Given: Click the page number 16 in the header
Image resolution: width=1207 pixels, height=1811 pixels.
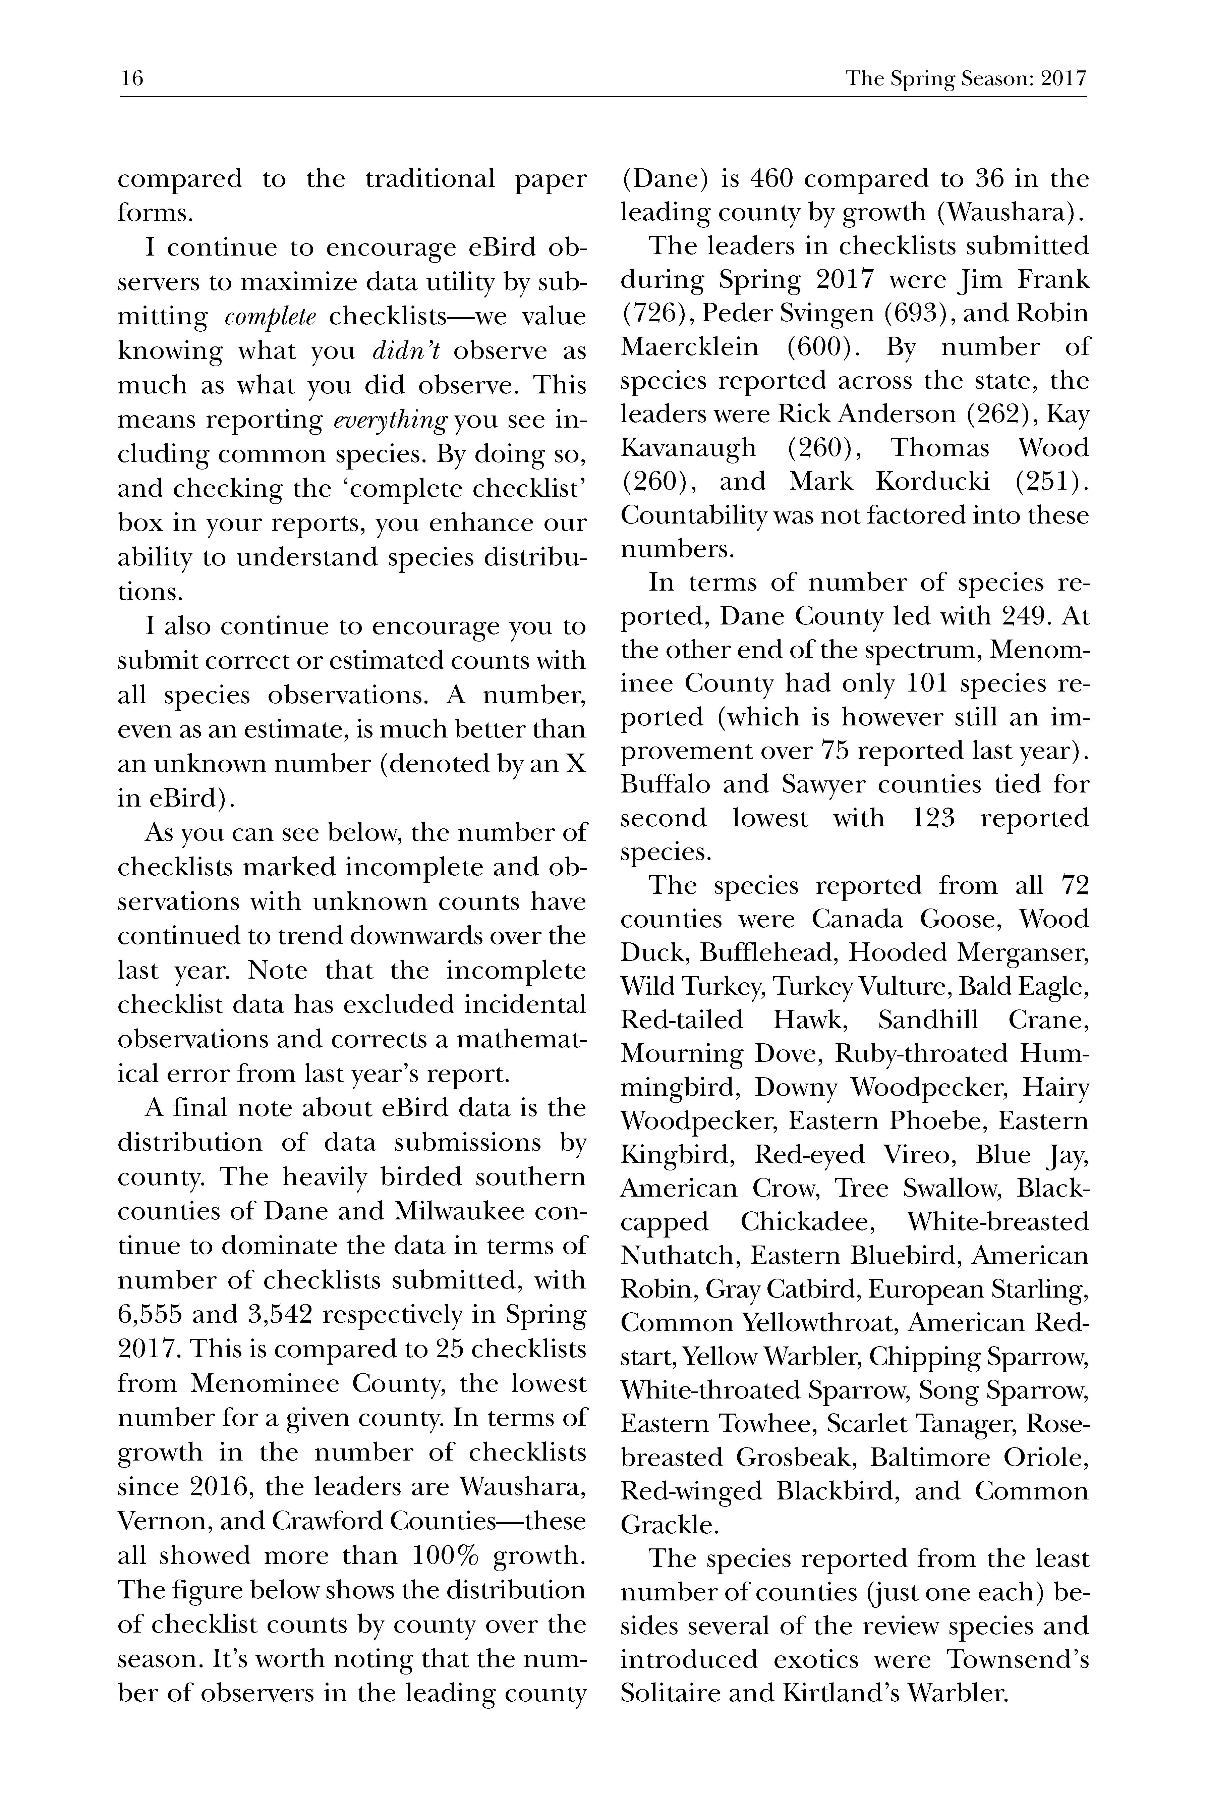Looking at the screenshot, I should point(132,78).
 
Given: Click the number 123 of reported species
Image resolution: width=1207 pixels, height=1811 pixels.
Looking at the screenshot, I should point(933,819).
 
